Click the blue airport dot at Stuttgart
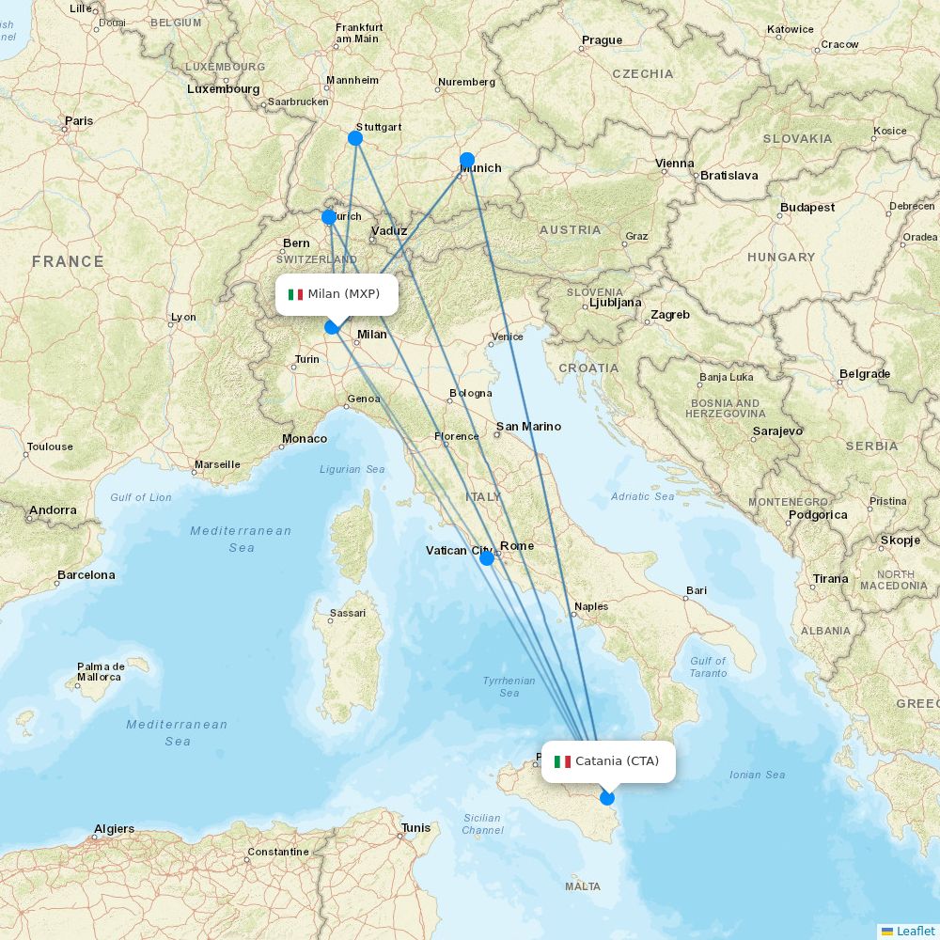coord(355,138)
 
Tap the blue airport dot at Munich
coord(467,160)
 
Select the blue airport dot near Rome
coord(486,558)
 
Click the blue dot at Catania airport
coord(607,798)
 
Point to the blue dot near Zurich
coord(329,217)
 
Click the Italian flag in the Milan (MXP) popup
coord(295,294)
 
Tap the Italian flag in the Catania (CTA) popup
coord(562,761)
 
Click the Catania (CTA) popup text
coord(617,761)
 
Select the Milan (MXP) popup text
coord(343,294)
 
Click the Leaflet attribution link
coord(915,931)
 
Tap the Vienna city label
coord(675,164)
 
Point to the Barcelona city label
coord(86,574)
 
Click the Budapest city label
coord(807,208)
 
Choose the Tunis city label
coord(415,828)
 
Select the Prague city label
coord(602,40)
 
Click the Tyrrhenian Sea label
coord(509,687)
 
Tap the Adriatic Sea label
coord(643,496)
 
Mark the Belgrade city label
coord(864,374)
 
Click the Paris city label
coord(79,120)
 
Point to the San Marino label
coord(528,427)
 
